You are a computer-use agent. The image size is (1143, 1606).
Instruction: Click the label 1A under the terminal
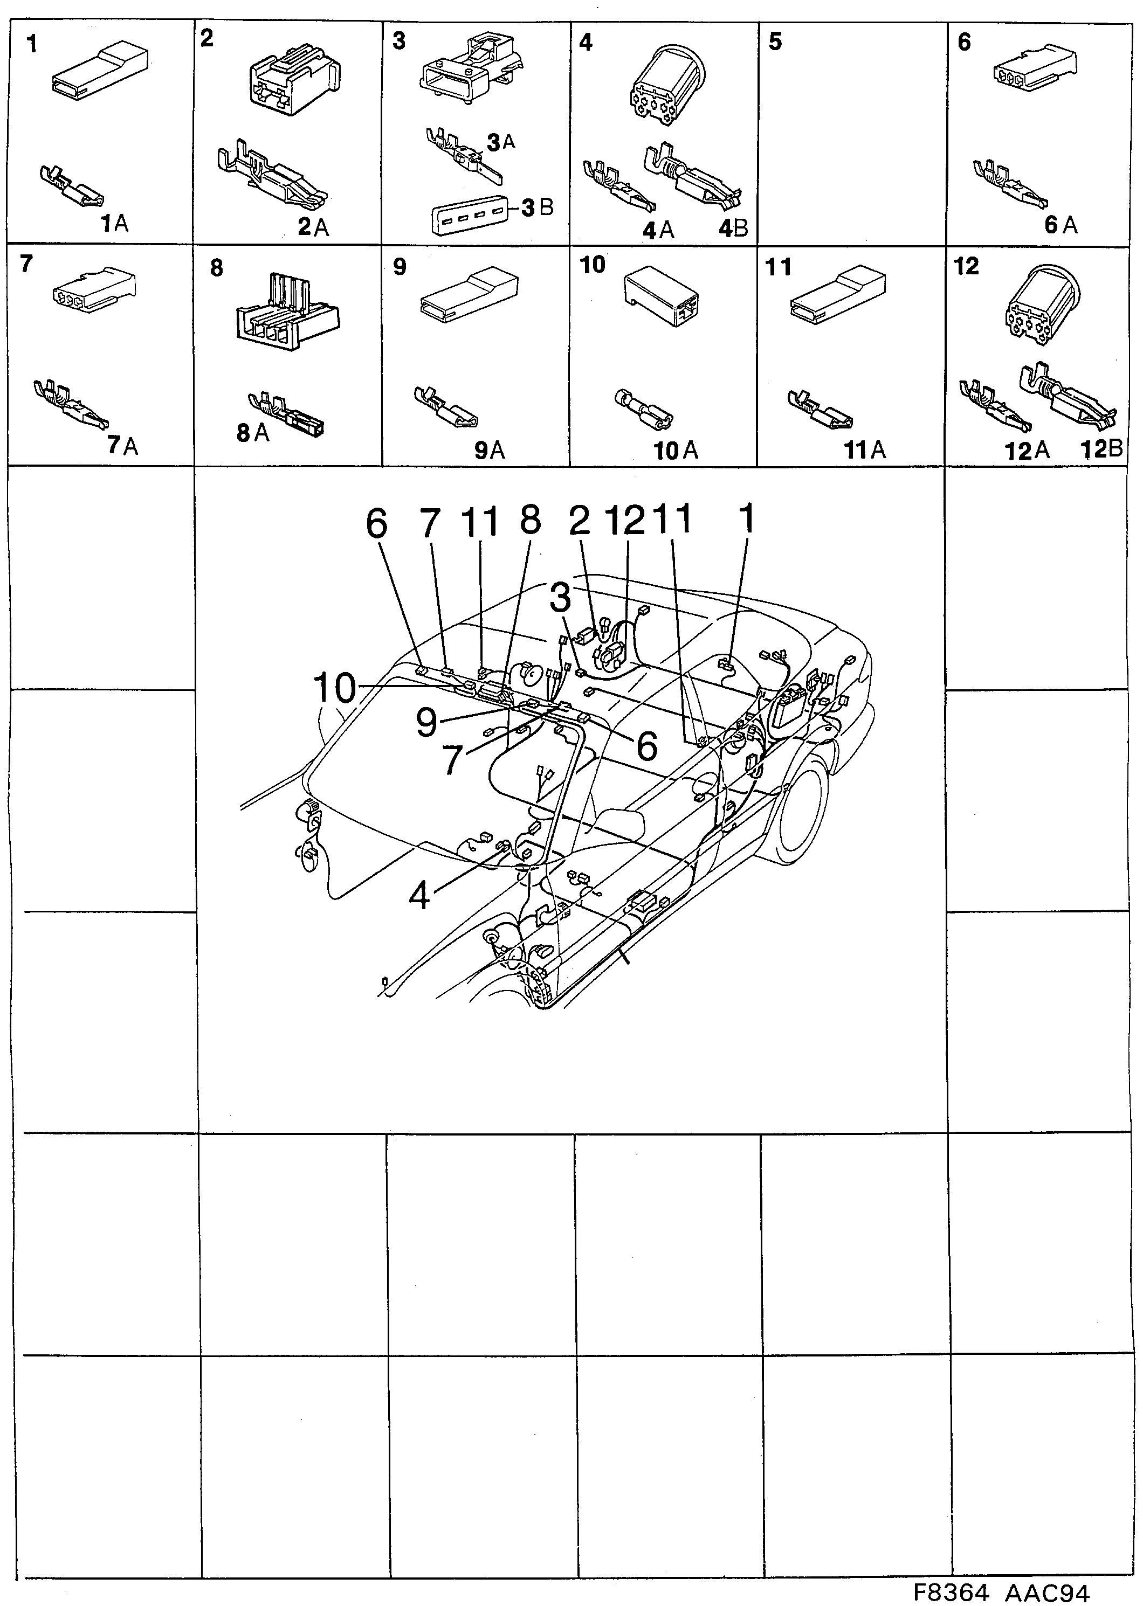(113, 224)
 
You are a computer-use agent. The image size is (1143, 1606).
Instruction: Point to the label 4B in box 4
(733, 228)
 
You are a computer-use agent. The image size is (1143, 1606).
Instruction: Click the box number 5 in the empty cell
(775, 42)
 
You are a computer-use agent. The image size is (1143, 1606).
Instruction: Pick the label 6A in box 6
(1061, 225)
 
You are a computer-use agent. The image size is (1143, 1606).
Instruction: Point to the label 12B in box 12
(1101, 449)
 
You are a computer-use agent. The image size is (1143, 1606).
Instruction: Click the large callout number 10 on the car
(335, 687)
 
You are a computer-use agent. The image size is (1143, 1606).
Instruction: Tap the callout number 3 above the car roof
(560, 598)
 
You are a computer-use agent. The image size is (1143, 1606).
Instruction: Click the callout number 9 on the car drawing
(426, 723)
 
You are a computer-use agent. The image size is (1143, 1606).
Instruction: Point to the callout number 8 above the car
(530, 521)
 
